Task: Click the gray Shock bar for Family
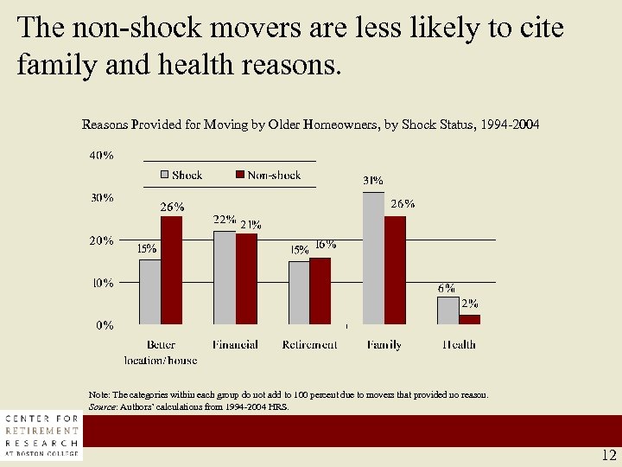373,259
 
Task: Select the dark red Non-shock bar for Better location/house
172,271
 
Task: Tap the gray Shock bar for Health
447,310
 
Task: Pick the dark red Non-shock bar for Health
469,319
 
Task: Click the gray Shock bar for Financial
224,278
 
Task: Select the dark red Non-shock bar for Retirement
320,291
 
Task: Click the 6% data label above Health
446,288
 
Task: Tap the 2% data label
469,304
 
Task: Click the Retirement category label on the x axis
309,344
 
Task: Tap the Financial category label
235,344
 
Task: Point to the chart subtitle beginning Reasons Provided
310,125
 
